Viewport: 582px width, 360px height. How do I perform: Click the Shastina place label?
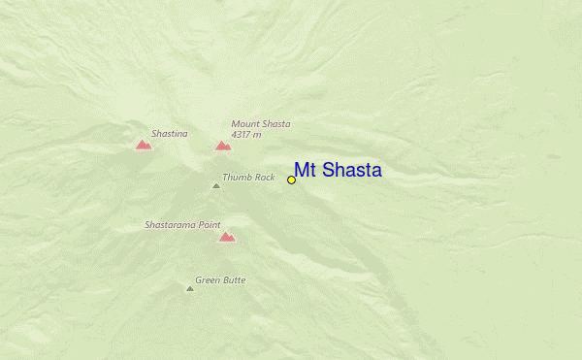pyautogui.click(x=169, y=134)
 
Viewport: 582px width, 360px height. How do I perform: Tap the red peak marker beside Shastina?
pyautogui.click(x=144, y=145)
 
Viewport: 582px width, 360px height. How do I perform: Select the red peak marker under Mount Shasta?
pyautogui.click(x=223, y=146)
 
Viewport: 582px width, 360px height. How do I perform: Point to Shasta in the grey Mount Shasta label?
pyautogui.click(x=275, y=124)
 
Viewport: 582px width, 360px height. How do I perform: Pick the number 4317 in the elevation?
pyautogui.click(x=243, y=135)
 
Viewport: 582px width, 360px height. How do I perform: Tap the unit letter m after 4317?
pyautogui.click(x=260, y=136)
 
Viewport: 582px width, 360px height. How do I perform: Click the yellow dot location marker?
pyautogui.click(x=291, y=180)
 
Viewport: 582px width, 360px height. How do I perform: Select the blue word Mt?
pyautogui.click(x=306, y=171)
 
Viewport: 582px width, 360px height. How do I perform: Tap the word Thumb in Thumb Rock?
pyautogui.click(x=237, y=178)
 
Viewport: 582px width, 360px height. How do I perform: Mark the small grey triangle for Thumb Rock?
pyautogui.click(x=216, y=185)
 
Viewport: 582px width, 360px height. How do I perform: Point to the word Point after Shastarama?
pyautogui.click(x=210, y=225)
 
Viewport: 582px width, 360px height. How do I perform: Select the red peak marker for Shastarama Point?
pyautogui.click(x=227, y=237)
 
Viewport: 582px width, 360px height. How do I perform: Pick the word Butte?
pyautogui.click(x=234, y=280)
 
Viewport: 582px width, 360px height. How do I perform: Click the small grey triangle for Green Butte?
pyautogui.click(x=190, y=288)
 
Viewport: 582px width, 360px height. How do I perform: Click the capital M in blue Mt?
pyautogui.click(x=302, y=171)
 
